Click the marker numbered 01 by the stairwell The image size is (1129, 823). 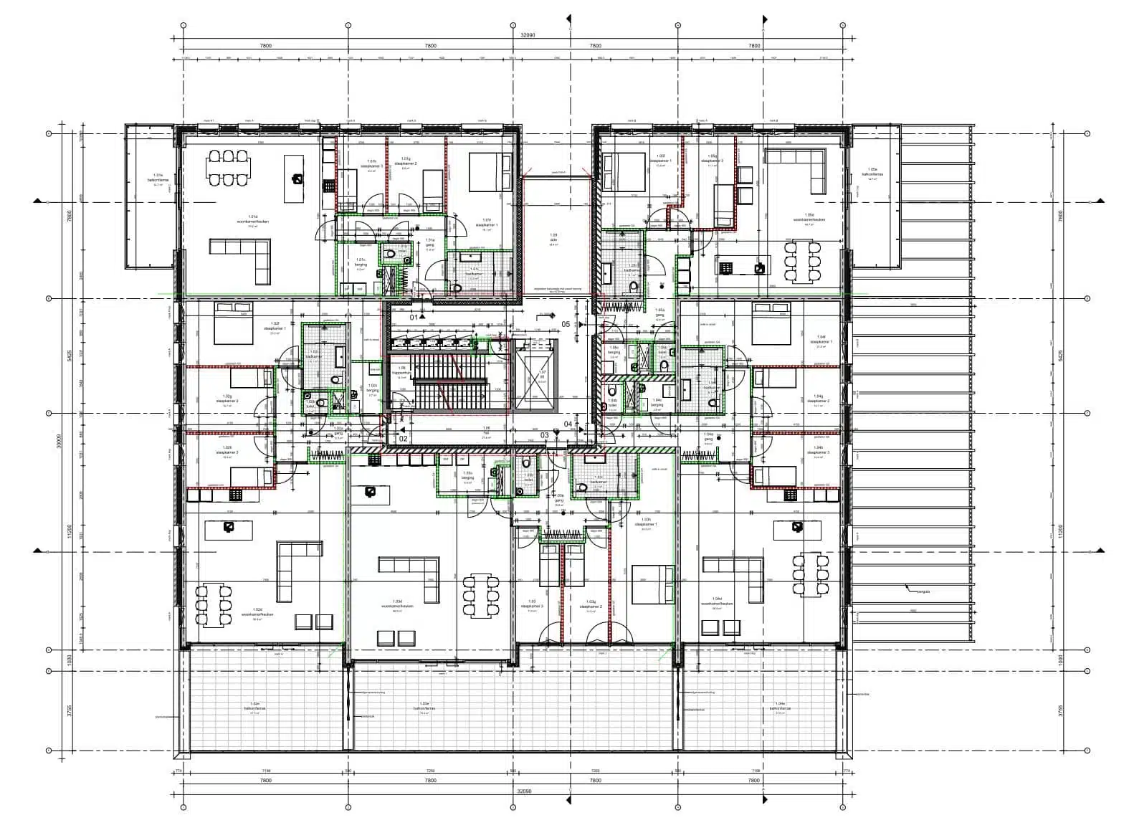coord(414,316)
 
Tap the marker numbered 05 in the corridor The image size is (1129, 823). coord(566,325)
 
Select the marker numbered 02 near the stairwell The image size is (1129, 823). coord(403,438)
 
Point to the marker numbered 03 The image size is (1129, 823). coord(545,435)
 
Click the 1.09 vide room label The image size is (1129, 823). coord(553,239)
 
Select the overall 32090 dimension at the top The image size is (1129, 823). coord(527,34)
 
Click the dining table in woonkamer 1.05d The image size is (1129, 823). coord(802,261)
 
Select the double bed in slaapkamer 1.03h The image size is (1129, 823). coord(653,584)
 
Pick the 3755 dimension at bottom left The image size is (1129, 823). coord(70,711)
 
